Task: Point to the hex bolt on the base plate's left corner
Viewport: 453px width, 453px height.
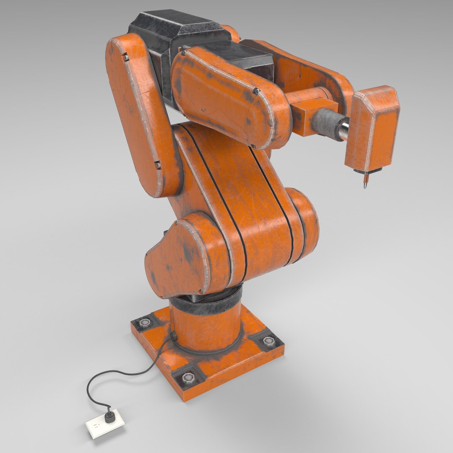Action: [x=145, y=323]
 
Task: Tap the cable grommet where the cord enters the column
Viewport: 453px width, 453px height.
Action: [x=172, y=335]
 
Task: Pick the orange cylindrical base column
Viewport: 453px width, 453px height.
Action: [x=206, y=327]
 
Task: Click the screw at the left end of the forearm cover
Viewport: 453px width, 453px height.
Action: [x=183, y=52]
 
